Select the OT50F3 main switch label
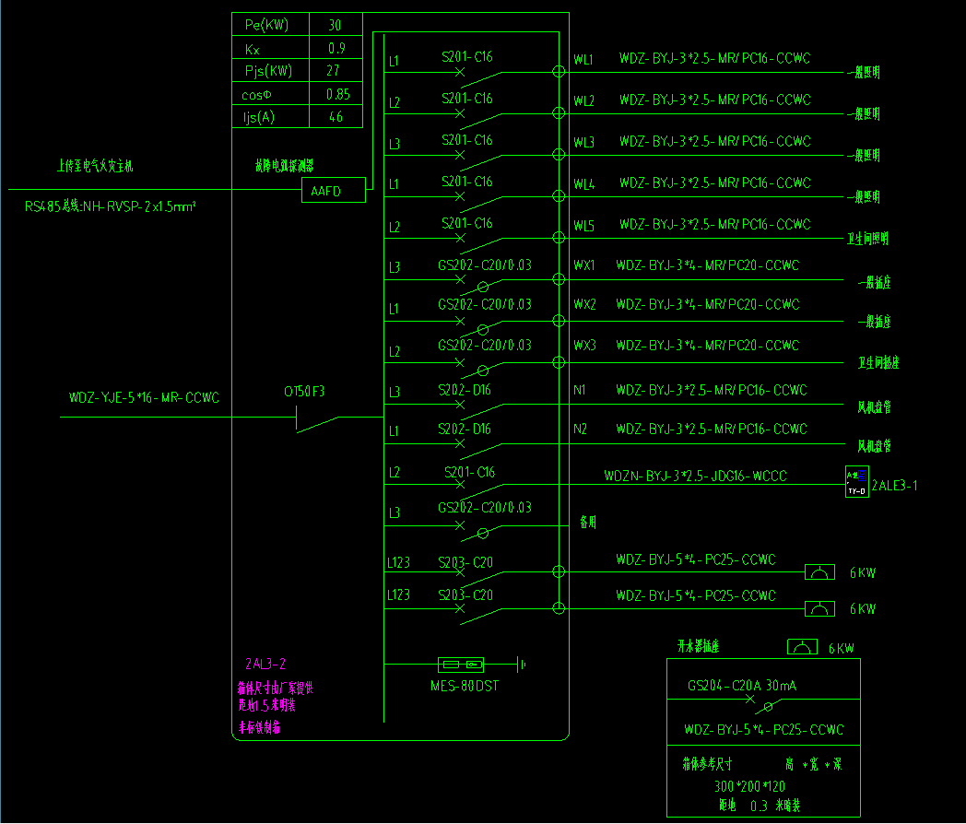pyautogui.click(x=304, y=392)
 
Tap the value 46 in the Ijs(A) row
pyautogui.click(x=336, y=117)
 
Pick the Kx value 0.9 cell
pyautogui.click(x=336, y=48)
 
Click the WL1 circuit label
pyautogui.click(x=583, y=60)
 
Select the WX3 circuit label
pyautogui.click(x=584, y=346)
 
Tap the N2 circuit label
pyautogui.click(x=580, y=429)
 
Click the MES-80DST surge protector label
pyautogui.click(x=465, y=686)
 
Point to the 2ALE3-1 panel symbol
pyautogui.click(x=856, y=482)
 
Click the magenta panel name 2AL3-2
pyautogui.click(x=265, y=664)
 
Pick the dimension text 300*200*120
pyautogui.click(x=749, y=786)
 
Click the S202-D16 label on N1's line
pyautogui.click(x=465, y=390)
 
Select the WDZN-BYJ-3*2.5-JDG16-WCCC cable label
pyautogui.click(x=696, y=477)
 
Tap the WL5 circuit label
pyautogui.click(x=583, y=225)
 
